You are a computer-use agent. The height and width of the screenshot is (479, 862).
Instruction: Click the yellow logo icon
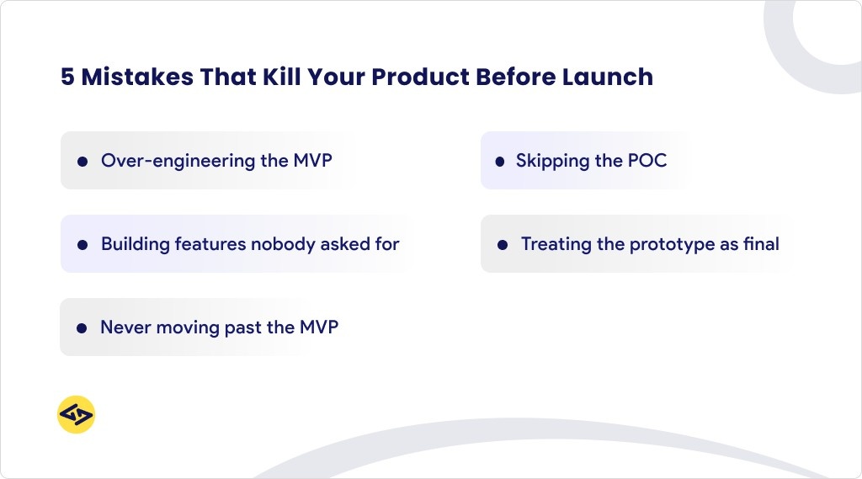[x=76, y=414]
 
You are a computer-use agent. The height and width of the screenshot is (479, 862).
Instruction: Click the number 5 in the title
[x=67, y=77]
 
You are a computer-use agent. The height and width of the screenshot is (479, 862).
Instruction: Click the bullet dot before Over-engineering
[x=82, y=161]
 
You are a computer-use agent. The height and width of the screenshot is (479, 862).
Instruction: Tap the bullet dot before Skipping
[x=499, y=161]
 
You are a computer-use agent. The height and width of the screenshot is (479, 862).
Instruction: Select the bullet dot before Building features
[x=82, y=245]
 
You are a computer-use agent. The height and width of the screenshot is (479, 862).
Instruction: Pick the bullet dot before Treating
[x=503, y=245]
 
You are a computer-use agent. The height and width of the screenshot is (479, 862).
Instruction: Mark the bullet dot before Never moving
[x=82, y=328]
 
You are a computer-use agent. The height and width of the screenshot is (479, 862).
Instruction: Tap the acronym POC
[x=646, y=160]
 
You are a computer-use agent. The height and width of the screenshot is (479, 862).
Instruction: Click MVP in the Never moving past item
[x=318, y=327]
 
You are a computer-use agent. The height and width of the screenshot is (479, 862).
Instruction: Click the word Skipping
[x=553, y=161]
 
